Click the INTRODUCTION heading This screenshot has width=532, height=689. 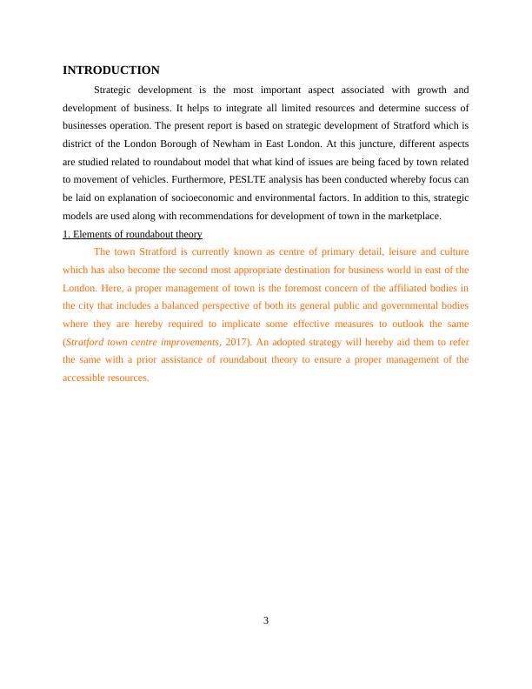click(x=111, y=70)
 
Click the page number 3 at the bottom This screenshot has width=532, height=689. click(x=266, y=620)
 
